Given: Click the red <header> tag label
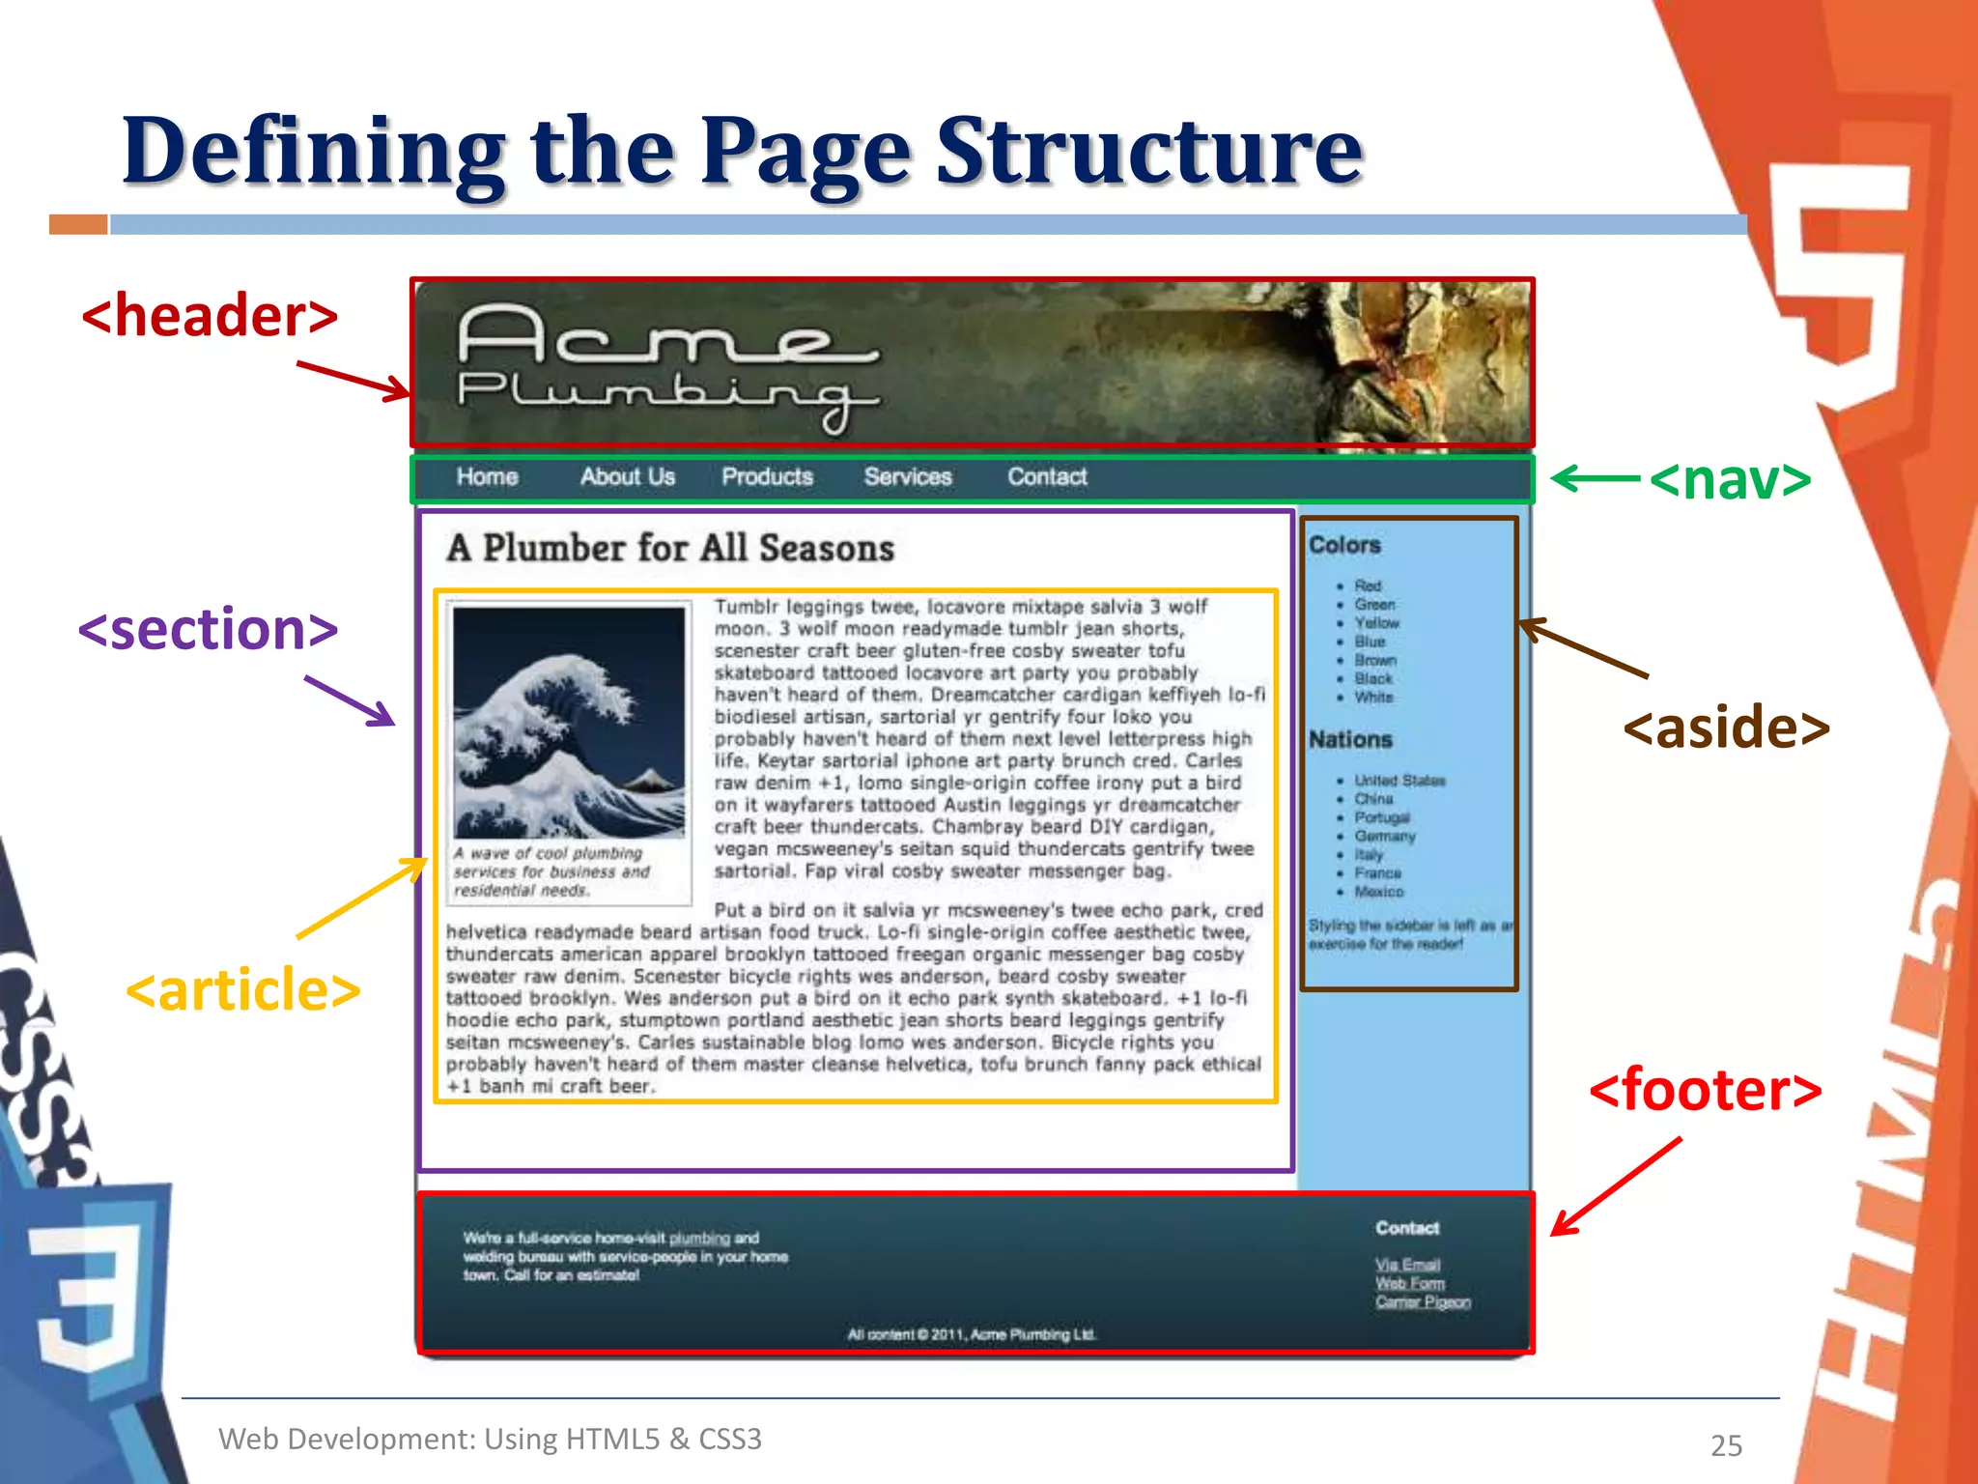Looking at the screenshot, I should coord(210,317).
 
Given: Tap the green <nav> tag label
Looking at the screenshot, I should coord(1730,479).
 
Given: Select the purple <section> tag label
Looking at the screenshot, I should coord(208,630).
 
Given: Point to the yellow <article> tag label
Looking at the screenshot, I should coord(242,990).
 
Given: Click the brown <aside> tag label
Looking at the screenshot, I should coord(1726,728).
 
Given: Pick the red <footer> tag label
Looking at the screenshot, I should coord(1705,1090).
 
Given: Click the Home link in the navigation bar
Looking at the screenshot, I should coord(487,477).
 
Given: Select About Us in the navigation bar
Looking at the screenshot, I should coord(627,477).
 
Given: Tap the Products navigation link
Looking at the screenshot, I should coord(767,477).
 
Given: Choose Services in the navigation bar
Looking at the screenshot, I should coord(908,477).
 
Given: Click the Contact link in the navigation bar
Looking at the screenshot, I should coord(1047,477).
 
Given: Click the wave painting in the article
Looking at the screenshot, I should coord(569,722).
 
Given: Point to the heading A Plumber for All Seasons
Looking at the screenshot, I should coord(670,549).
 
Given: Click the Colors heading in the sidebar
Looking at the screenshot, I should coord(1344,545).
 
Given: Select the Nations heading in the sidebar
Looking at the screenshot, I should coord(1350,740).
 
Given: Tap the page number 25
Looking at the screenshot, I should coord(1726,1445).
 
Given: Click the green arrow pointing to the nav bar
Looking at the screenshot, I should coord(1595,478).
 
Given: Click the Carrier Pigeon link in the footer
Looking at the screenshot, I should coord(1423,1302).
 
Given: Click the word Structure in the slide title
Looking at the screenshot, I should coord(1149,152).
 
